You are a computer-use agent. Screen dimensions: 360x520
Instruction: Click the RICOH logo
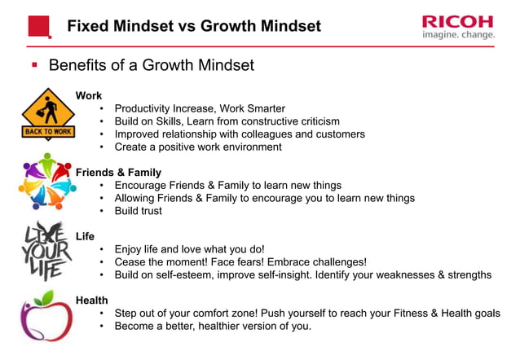coord(458,20)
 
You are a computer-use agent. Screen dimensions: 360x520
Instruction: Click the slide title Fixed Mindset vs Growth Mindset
coord(193,26)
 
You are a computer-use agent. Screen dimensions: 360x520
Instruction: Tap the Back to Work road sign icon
coord(47,114)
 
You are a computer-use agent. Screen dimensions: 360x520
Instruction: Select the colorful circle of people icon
coord(46,181)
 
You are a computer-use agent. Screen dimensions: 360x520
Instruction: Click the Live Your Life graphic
coord(46,249)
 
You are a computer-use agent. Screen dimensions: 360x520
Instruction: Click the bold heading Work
coord(89,95)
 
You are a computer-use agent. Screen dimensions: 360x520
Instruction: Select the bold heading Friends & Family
coord(118,173)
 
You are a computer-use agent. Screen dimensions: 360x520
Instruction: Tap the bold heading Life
coord(85,236)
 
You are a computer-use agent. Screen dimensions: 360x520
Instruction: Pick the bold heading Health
coord(92,301)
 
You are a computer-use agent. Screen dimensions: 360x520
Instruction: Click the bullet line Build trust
coord(138,211)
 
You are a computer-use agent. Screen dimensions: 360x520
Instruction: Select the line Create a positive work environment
coord(198,147)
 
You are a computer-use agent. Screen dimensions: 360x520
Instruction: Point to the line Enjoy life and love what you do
coord(189,249)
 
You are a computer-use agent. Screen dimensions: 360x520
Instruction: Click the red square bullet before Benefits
coord(34,64)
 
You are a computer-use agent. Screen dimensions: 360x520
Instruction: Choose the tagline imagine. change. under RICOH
coord(458,35)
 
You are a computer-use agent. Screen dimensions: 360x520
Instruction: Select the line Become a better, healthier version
coord(213,327)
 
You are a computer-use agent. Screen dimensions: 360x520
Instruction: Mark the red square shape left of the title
coord(39,26)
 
